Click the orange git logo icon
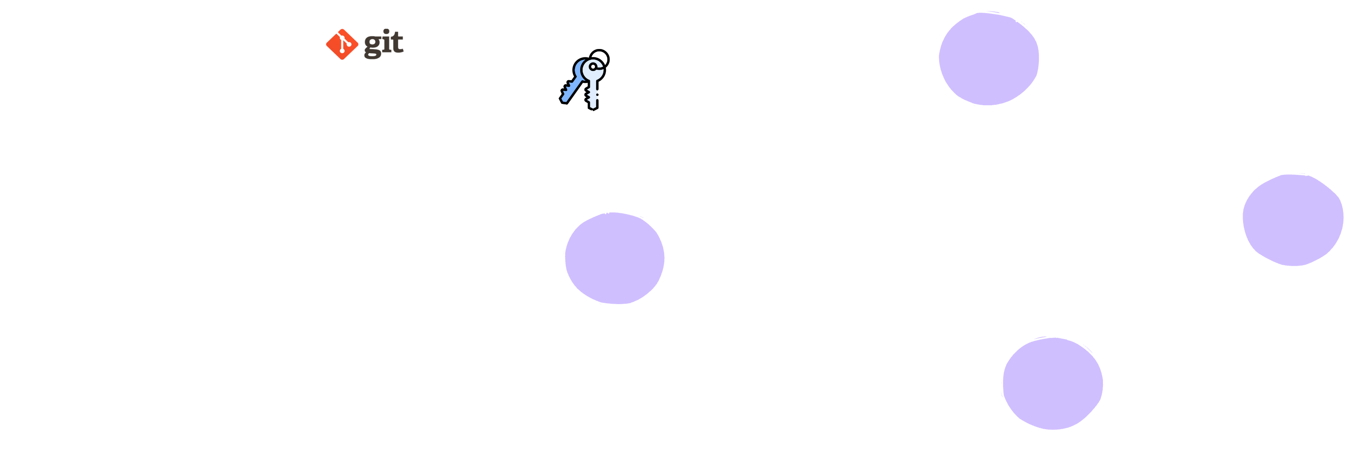coord(341,44)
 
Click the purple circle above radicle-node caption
coord(614,258)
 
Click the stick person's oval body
coord(83,423)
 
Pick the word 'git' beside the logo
coord(384,43)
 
